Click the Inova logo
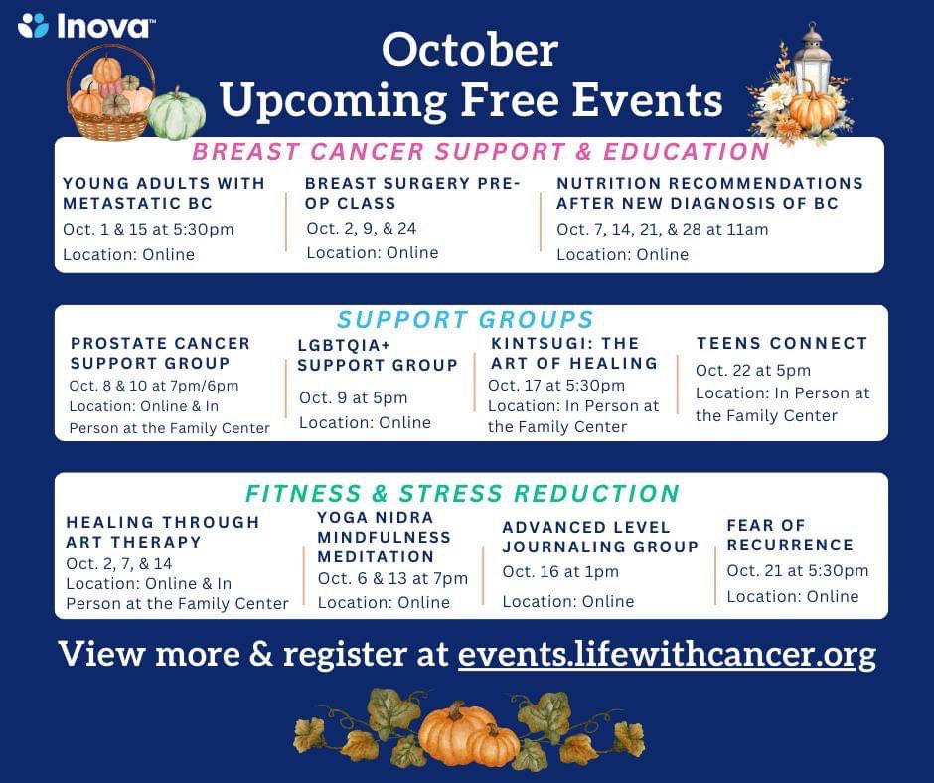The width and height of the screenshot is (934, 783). (84, 25)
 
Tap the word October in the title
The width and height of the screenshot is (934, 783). (469, 51)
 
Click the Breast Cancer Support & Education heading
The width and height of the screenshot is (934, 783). (480, 152)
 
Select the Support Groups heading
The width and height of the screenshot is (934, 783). (465, 320)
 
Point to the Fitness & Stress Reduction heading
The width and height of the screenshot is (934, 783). (462, 494)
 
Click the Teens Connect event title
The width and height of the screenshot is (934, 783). (782, 343)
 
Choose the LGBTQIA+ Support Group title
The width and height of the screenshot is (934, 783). (378, 355)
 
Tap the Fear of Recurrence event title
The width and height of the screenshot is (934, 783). (789, 535)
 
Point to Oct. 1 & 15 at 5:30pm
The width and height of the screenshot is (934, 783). (148, 230)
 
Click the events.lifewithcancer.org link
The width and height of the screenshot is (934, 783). (667, 655)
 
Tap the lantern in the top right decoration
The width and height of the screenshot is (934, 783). (813, 60)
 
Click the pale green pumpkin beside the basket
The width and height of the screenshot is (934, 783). (177, 116)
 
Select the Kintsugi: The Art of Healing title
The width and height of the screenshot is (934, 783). (573, 353)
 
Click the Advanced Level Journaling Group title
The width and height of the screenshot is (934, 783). (600, 537)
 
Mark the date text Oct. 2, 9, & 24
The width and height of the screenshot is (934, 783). (362, 229)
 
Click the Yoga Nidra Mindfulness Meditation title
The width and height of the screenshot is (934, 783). (384, 537)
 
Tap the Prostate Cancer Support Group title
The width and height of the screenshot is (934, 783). (160, 353)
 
